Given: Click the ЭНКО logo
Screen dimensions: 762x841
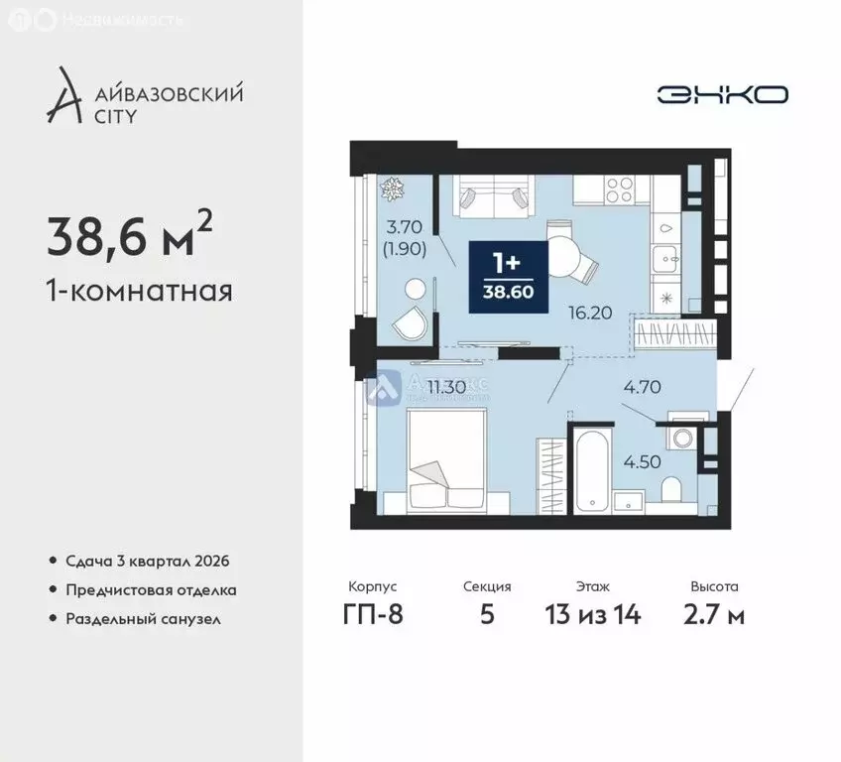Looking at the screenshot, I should coord(721,94).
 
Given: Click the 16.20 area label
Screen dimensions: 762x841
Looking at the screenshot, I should coord(588,312).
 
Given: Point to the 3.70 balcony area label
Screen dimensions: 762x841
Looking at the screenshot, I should coord(407,227).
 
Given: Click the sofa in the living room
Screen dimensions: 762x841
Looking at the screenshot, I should coord(493,194).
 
